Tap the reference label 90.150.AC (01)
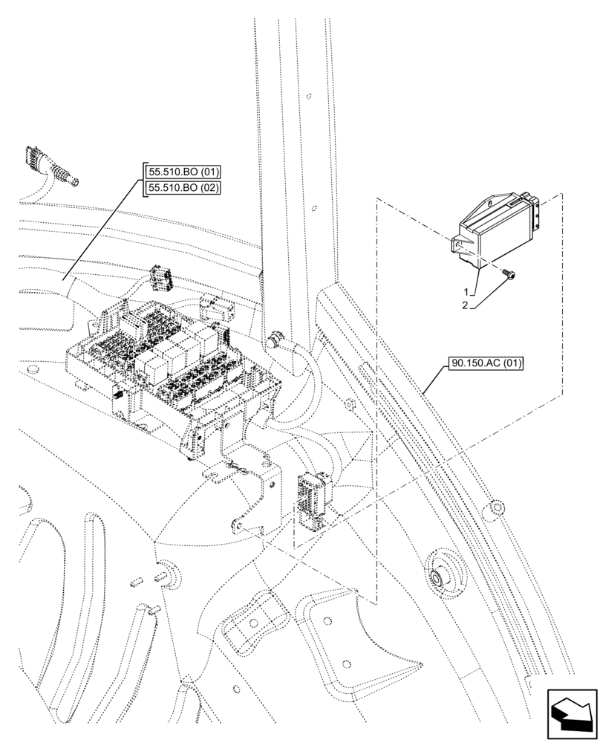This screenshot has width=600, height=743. [486, 364]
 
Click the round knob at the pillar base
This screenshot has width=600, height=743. [278, 339]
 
